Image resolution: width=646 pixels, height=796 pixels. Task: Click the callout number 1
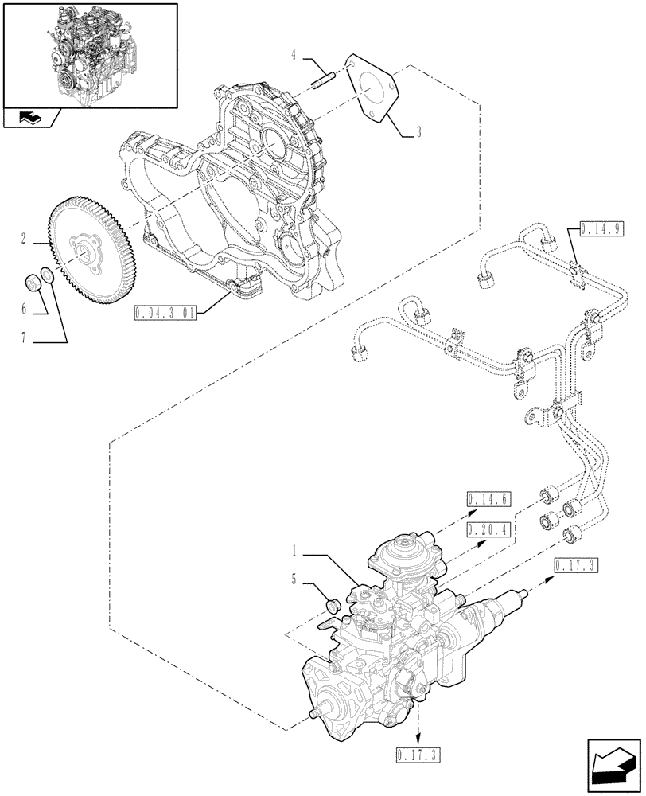[296, 550]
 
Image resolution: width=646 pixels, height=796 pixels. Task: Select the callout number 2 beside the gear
[25, 238]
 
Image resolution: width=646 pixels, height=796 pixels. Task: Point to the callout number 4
[294, 56]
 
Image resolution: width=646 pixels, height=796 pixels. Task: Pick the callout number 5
[296, 580]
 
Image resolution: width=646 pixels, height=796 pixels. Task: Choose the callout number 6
[25, 307]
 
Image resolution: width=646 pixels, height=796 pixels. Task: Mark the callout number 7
[25, 338]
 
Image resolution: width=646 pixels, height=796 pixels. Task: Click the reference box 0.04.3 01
[165, 310]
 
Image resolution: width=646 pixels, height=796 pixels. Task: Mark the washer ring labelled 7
[47, 276]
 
